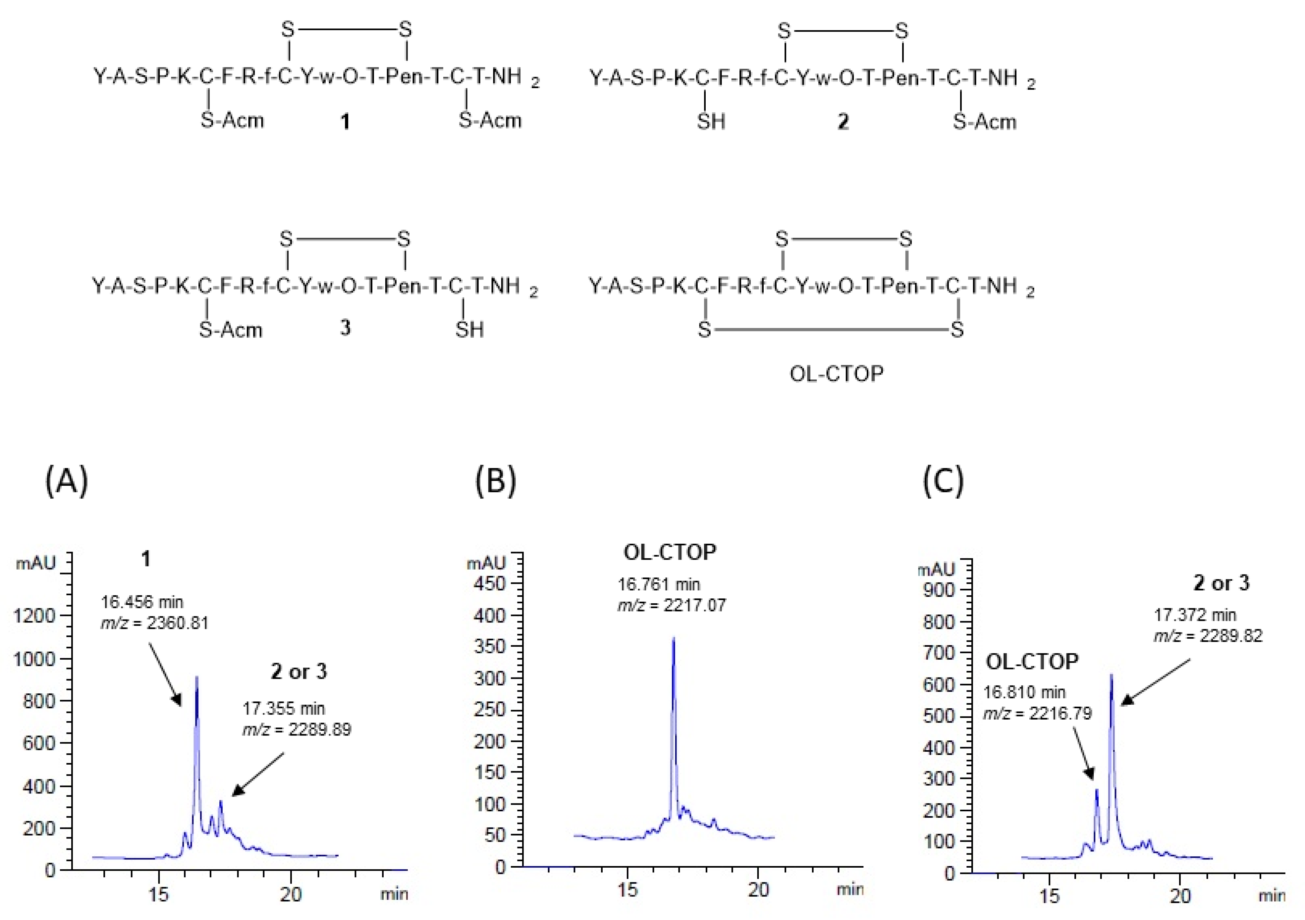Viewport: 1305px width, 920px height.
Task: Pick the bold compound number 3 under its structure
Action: [345, 328]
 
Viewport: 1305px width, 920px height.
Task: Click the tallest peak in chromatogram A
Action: [197, 677]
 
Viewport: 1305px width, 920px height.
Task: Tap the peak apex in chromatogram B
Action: [674, 639]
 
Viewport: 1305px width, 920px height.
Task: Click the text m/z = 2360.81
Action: [155, 623]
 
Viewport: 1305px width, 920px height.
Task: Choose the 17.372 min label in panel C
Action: [1195, 615]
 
